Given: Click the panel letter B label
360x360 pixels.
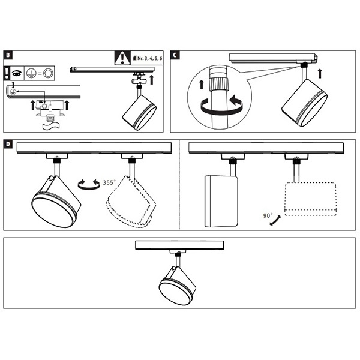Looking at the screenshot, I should tap(8, 55).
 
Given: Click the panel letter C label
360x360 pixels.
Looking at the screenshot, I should tap(175, 56).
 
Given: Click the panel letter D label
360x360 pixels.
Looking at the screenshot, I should tap(8, 145).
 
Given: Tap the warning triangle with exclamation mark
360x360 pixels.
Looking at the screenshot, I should tap(122, 59).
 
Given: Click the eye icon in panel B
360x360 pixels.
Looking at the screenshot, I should tap(17, 72).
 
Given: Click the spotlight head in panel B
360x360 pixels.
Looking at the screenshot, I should tap(139, 112).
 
